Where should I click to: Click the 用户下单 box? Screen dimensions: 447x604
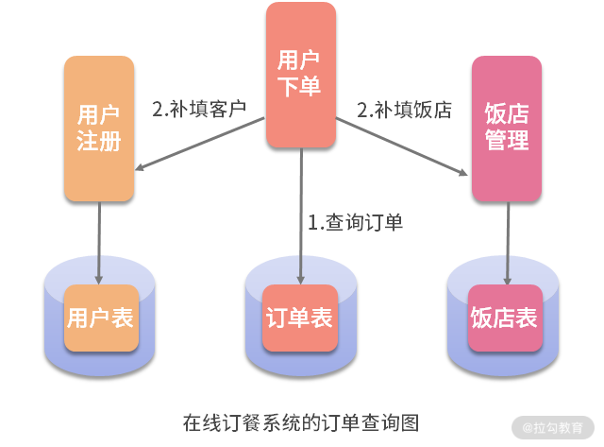click(300, 74)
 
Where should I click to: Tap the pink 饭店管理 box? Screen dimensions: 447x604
click(507, 129)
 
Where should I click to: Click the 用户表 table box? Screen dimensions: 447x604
click(99, 318)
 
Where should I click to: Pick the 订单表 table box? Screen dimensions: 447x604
click(299, 318)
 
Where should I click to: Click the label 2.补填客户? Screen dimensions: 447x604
click(198, 109)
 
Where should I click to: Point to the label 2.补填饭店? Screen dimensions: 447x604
click(404, 109)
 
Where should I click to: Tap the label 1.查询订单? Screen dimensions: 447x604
click(356, 223)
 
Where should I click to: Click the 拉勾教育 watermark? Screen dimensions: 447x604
click(553, 427)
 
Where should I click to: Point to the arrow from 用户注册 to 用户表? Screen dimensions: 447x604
click(99, 241)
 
